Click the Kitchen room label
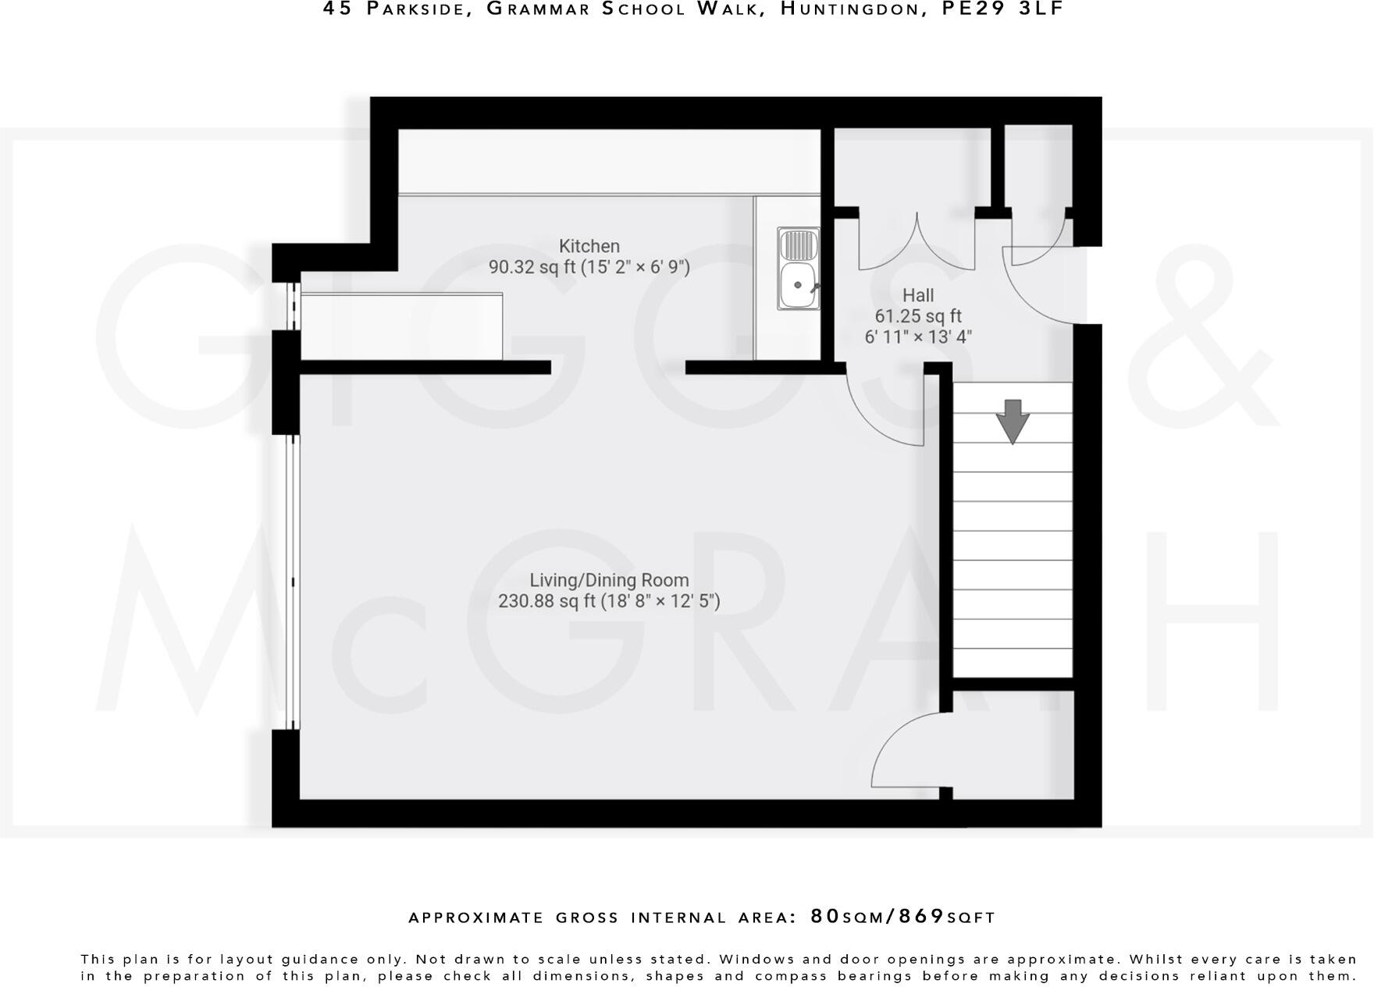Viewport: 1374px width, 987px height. point(589,247)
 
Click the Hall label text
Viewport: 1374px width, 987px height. point(917,296)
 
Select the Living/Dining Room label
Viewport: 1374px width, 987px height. point(609,580)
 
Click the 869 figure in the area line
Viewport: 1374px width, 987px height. point(921,916)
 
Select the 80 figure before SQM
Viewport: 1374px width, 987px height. point(825,916)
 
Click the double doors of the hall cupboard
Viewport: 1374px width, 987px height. point(917,242)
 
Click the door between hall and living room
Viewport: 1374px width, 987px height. point(886,410)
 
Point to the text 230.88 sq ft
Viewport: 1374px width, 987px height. point(546,601)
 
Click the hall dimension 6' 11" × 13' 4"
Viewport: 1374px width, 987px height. point(917,337)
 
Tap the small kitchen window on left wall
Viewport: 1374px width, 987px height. point(294,306)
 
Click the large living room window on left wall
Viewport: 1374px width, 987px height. point(293,582)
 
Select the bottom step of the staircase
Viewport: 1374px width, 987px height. point(1013,662)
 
